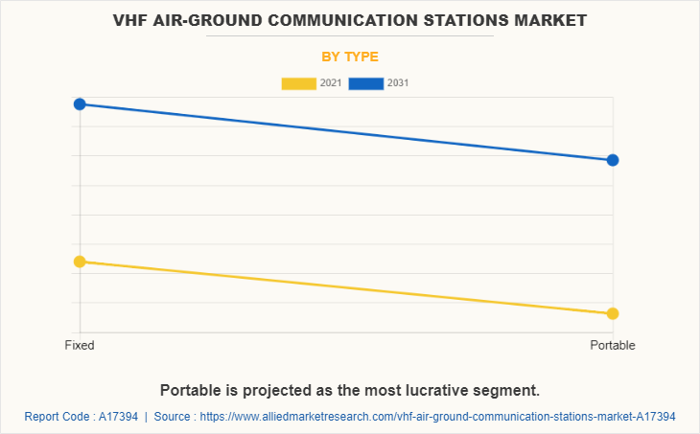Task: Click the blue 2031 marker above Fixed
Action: point(80,103)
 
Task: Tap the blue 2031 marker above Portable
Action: point(613,160)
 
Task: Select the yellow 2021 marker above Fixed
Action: point(80,261)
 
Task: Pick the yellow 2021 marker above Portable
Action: point(613,313)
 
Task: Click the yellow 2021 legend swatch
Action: point(298,83)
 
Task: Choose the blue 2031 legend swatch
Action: point(366,83)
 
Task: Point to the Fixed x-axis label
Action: point(80,345)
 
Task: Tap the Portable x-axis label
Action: point(613,345)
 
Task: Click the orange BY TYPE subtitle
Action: point(350,57)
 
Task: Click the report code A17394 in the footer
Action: point(117,417)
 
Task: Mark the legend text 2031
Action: point(398,83)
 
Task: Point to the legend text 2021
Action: point(331,83)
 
